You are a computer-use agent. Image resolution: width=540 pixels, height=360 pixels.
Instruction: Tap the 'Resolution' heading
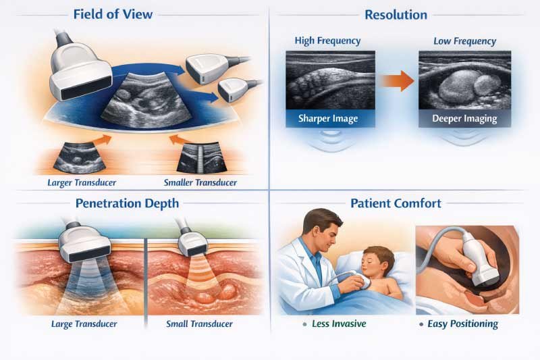(x=396, y=14)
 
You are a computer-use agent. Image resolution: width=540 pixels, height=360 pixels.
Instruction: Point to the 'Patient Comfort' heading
(x=396, y=202)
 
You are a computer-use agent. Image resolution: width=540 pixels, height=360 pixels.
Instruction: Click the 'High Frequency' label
(x=327, y=41)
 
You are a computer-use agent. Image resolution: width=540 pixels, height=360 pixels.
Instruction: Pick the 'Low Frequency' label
(x=464, y=41)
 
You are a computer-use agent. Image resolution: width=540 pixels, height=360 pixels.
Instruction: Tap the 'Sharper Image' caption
(x=327, y=119)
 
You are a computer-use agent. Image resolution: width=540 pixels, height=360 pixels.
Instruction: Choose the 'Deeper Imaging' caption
(x=464, y=119)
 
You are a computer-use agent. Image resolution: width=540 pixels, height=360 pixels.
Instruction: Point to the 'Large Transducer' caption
(x=84, y=324)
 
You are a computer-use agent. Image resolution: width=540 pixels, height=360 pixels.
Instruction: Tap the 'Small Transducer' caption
(x=199, y=324)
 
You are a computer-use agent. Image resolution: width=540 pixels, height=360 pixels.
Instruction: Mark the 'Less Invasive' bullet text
(x=339, y=324)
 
